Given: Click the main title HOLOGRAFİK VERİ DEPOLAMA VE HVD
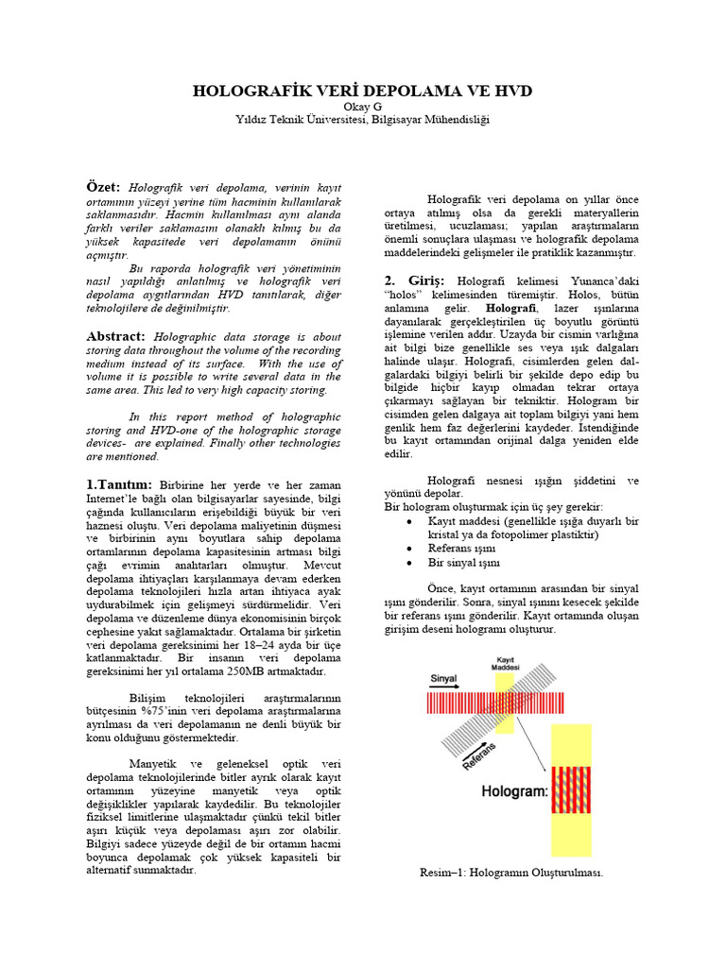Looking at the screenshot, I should [363, 91].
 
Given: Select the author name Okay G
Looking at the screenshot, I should [363, 107].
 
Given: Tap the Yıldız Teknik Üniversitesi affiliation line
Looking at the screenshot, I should [363, 120].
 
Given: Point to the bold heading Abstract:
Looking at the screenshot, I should [116, 336].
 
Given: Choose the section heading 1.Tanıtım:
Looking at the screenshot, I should [122, 484].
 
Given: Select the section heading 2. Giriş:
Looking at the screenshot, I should [417, 281].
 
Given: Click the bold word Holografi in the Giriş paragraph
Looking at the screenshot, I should [511, 309].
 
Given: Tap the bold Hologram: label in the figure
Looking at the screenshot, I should [516, 792].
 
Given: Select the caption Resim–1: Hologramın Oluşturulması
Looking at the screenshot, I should [511, 873].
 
